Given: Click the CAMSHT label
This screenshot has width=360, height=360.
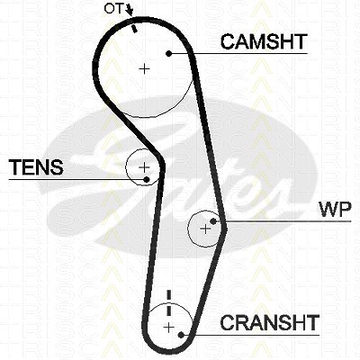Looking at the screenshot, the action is click(264, 41).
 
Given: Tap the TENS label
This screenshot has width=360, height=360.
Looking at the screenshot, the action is click(36, 167).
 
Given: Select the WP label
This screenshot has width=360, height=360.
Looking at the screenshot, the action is click(336, 210).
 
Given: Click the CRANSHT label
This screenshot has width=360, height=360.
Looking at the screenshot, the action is click(269, 322).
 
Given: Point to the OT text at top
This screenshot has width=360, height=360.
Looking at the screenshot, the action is click(113, 9).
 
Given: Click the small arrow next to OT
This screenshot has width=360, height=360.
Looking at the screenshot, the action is click(130, 10).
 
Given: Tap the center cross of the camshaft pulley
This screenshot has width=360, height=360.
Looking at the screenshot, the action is click(144, 69).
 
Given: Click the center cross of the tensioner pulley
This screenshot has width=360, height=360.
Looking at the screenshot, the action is click(144, 166).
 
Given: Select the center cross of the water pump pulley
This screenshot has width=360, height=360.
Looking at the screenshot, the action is click(205, 229).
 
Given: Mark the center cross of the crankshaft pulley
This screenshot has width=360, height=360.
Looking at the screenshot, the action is click(169, 327).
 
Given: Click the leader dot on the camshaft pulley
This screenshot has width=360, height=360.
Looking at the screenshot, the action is click(169, 54).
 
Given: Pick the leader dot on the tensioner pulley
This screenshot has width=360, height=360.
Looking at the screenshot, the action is click(147, 179).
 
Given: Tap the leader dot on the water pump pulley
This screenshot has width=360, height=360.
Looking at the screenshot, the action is click(213, 221).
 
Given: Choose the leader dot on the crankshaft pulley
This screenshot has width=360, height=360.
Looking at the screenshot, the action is click(181, 335).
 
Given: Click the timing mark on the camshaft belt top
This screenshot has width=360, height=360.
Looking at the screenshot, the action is click(134, 29).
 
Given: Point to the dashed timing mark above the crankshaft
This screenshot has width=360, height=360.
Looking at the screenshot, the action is click(168, 302).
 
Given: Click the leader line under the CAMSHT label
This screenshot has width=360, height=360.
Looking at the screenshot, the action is click(238, 54).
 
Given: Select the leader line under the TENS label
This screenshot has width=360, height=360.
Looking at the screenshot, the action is click(77, 179).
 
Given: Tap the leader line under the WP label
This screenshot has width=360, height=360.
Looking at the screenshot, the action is click(282, 221).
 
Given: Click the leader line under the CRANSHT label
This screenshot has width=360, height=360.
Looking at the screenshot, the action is click(250, 335).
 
